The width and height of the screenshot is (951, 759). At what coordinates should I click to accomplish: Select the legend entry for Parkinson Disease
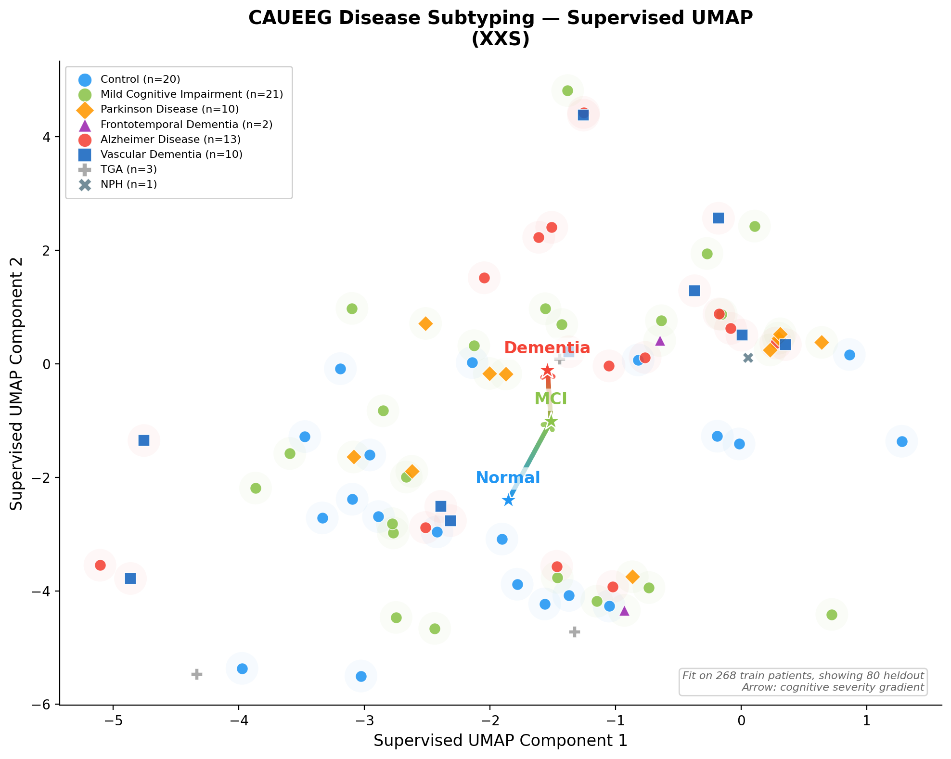coord(169,109)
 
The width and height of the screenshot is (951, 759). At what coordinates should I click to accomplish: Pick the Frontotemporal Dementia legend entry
coord(186,125)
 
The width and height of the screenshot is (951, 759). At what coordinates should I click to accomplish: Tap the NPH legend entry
coord(129,184)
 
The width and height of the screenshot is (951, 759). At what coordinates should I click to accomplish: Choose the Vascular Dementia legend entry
coord(171,154)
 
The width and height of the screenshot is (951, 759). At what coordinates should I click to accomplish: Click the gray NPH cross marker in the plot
coord(748,358)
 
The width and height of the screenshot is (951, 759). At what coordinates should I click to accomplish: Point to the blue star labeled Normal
coord(508,501)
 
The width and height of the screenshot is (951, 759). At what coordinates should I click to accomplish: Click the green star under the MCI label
coord(551,422)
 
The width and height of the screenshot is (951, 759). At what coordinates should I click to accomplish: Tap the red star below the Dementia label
coord(547,371)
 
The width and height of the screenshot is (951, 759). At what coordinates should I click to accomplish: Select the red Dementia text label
coord(547,348)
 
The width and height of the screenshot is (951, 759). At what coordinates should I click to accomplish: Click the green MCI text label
coord(551,399)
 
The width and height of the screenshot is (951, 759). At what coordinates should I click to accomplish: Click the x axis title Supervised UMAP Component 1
coord(501,741)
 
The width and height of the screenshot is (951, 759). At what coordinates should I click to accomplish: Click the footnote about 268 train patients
coord(803,681)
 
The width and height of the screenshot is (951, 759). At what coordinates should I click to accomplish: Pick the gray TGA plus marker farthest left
coord(196,674)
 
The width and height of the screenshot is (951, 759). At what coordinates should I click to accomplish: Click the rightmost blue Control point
coord(902,441)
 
